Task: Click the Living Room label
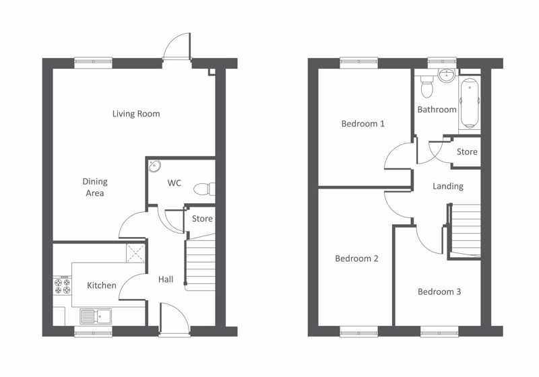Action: [136, 114]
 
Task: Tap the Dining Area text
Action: [95, 187]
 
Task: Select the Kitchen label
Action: [102, 285]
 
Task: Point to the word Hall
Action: [166, 279]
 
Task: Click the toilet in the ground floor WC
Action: [205, 189]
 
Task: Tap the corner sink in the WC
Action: [154, 166]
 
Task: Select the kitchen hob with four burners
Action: [62, 286]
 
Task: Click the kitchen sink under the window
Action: [96, 316]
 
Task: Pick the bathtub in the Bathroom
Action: [469, 104]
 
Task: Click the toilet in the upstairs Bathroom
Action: [426, 87]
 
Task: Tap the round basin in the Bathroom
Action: [447, 75]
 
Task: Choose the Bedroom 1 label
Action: [362, 124]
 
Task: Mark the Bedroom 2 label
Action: [356, 259]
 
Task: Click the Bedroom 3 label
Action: [439, 292]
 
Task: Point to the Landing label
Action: [447, 186]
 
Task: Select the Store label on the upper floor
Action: [467, 151]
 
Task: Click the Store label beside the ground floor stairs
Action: [202, 219]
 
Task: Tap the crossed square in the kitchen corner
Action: [135, 253]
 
